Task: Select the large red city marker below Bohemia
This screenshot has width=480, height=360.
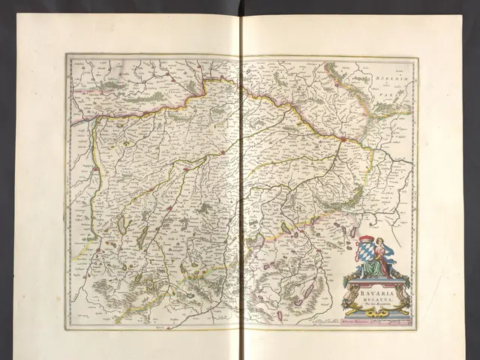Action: click(342, 139)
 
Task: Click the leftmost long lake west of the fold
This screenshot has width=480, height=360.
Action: click(122, 226)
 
